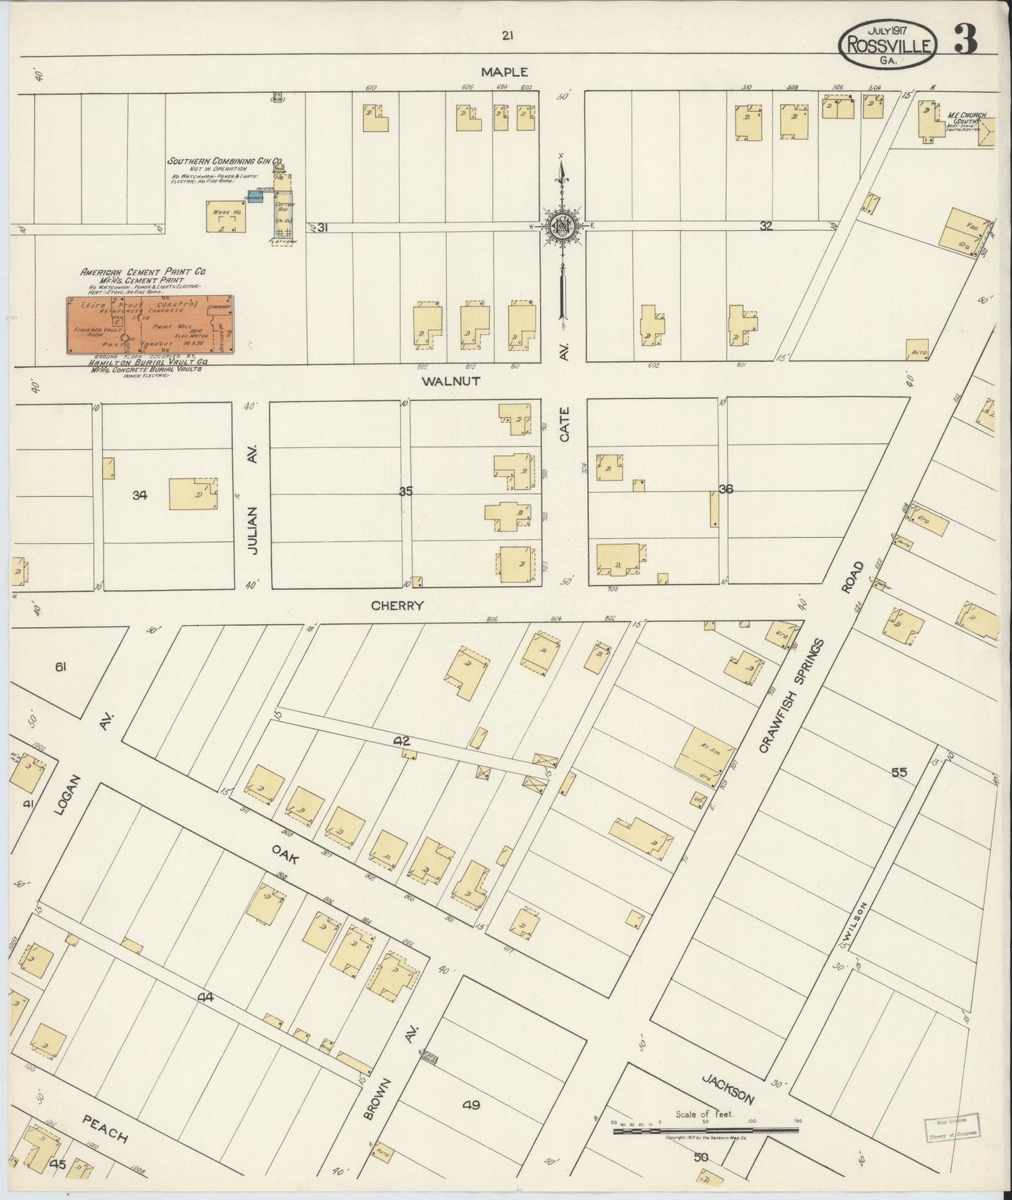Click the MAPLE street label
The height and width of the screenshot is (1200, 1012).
pyautogui.click(x=504, y=71)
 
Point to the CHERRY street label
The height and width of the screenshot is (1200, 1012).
pyautogui.click(x=397, y=606)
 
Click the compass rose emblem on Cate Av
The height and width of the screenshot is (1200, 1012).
pyautogui.click(x=562, y=225)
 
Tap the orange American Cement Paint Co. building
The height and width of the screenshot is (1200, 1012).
pyautogui.click(x=150, y=325)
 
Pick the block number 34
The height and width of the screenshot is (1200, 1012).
pyautogui.click(x=139, y=495)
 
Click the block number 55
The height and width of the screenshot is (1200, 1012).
pyautogui.click(x=899, y=772)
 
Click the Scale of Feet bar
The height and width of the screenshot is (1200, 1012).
pyautogui.click(x=705, y=1130)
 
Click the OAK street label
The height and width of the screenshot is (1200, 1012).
pyautogui.click(x=286, y=853)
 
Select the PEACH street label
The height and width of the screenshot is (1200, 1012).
pyautogui.click(x=105, y=1129)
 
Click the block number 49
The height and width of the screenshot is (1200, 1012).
pyautogui.click(x=471, y=1105)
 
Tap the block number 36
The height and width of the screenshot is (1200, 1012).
pyautogui.click(x=726, y=489)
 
